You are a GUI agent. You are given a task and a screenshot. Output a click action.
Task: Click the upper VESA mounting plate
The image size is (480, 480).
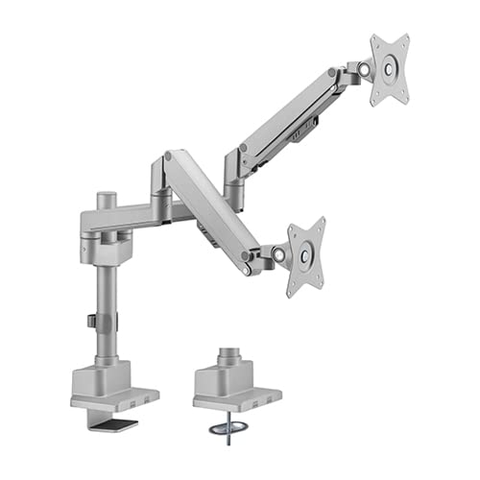pos(389,69)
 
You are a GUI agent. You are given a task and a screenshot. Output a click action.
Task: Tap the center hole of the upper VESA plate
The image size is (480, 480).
pos(389,69)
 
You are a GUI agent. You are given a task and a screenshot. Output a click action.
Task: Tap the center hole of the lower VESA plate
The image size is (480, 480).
pos(305,256)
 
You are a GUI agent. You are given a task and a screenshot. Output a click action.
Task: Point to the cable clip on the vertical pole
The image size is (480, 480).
pos(90,321)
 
